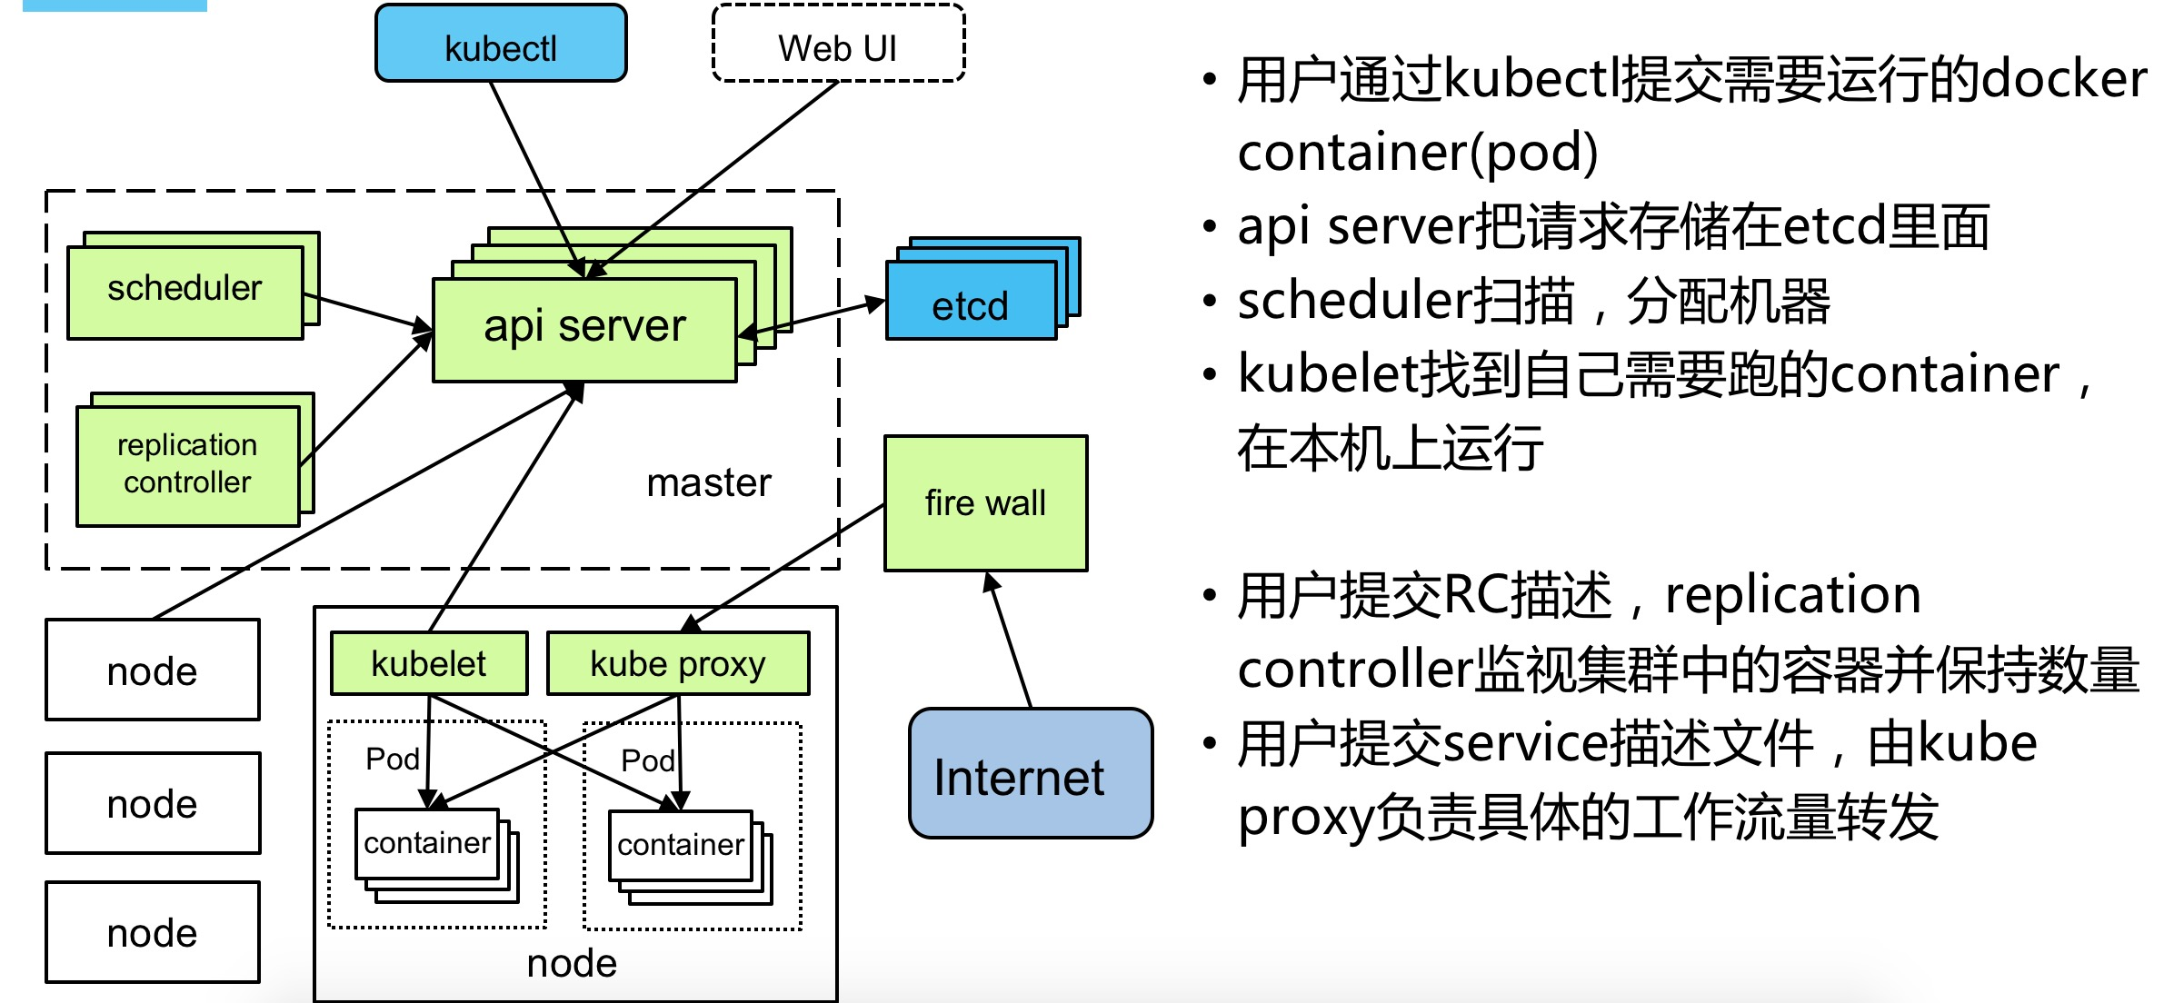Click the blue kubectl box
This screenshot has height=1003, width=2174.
click(x=501, y=45)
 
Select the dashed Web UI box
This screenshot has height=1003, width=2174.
click(x=837, y=45)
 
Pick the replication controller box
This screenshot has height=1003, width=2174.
click(x=187, y=464)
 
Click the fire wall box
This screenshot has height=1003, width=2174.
click(x=985, y=503)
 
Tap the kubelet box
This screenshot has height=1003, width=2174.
click(x=428, y=663)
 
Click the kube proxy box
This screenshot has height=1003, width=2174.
click(x=677, y=663)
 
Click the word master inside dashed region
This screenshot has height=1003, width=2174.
click(x=708, y=482)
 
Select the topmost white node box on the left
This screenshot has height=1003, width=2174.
click(x=153, y=670)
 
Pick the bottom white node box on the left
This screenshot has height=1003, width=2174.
click(x=153, y=932)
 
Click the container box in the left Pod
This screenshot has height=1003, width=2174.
click(x=426, y=843)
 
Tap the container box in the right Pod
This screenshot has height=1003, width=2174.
click(x=680, y=845)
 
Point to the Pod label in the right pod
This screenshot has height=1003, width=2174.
click(x=647, y=760)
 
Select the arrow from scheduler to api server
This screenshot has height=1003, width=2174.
click(x=368, y=312)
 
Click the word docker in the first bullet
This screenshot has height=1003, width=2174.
click(x=2064, y=80)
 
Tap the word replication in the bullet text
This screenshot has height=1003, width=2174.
click(x=1792, y=596)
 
